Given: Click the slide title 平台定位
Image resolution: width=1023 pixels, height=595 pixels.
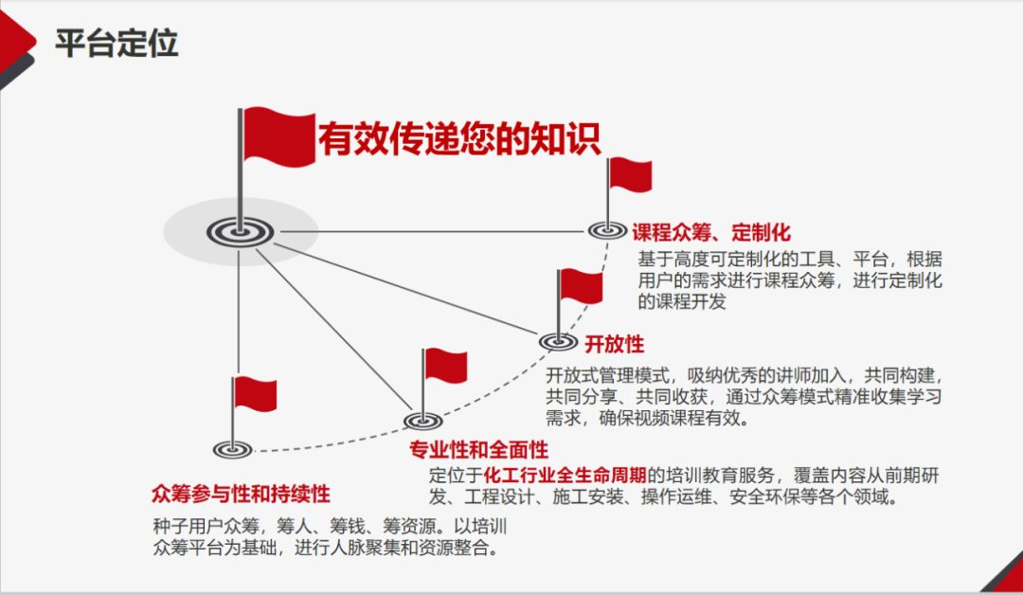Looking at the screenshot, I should click(x=116, y=44).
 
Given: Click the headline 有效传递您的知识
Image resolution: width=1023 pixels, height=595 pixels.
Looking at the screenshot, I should click(x=458, y=139).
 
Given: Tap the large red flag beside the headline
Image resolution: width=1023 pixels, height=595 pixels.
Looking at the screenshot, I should click(x=278, y=135).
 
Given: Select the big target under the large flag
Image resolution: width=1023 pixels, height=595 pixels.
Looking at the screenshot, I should click(x=240, y=230).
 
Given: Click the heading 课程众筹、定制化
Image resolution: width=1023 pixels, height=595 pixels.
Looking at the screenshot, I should click(x=711, y=232).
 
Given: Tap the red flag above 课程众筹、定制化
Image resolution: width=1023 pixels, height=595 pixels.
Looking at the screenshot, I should click(x=630, y=175).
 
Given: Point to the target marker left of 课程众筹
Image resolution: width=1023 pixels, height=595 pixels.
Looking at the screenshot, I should click(x=607, y=229).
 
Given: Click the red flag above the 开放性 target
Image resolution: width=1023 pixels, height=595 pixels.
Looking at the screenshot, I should click(x=580, y=287).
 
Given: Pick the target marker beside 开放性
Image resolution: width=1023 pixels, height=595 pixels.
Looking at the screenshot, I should click(x=558, y=341).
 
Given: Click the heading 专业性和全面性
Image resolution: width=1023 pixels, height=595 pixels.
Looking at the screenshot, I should click(x=478, y=449).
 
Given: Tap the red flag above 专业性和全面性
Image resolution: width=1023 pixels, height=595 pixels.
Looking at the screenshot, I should click(x=445, y=365).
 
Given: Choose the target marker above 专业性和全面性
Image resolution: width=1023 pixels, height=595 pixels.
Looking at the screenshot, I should click(x=422, y=420).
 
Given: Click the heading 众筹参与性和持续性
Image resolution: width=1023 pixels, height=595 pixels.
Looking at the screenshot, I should click(x=241, y=495).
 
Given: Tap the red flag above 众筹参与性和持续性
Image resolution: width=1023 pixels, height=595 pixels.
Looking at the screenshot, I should click(x=255, y=392).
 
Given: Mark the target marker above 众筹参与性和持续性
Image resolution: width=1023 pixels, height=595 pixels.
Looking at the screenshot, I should click(x=233, y=449).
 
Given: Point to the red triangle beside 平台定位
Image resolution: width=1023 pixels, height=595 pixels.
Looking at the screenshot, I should click(x=16, y=43).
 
